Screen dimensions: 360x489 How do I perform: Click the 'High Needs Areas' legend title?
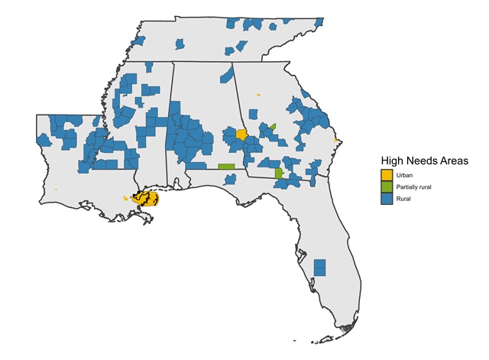click(x=424, y=161)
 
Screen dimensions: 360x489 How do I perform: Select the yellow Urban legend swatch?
click(x=387, y=177)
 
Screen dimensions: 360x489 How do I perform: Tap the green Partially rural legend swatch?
click(x=387, y=187)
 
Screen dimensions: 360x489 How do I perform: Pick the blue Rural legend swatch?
click(x=387, y=198)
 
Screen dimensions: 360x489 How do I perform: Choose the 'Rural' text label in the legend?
click(x=403, y=198)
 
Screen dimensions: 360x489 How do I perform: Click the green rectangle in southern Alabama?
click(x=226, y=166)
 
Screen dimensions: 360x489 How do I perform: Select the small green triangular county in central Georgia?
click(x=272, y=125)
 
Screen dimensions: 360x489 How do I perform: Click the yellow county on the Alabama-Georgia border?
click(x=241, y=135)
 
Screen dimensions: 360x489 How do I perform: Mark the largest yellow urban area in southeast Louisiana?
click(x=145, y=199)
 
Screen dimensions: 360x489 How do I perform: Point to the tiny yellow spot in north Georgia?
click(x=258, y=95)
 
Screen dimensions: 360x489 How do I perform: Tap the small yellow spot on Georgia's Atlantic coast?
click(x=337, y=141)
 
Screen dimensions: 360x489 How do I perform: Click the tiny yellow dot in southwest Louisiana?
click(x=57, y=190)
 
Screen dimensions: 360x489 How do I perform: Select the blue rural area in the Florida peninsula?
click(x=320, y=268)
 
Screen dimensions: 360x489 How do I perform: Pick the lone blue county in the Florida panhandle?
click(x=229, y=180)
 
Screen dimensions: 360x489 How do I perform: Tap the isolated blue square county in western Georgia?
click(x=252, y=115)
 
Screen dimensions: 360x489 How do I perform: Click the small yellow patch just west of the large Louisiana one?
click(x=125, y=198)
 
